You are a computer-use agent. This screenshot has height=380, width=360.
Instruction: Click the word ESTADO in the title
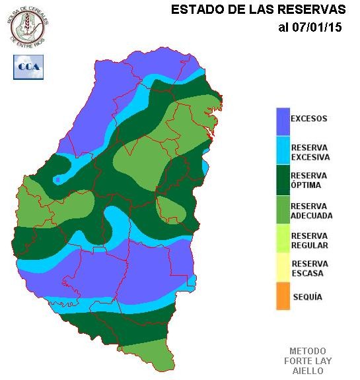(x=194, y=10)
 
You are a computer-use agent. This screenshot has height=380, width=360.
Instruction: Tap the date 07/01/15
(x=315, y=28)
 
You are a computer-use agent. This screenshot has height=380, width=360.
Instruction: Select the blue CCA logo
(x=28, y=67)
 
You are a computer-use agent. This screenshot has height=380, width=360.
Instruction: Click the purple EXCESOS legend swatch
(x=283, y=121)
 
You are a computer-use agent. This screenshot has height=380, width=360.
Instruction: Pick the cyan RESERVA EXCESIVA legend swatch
(x=283, y=151)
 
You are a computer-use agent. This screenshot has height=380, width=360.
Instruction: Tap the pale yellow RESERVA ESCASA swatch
(x=283, y=268)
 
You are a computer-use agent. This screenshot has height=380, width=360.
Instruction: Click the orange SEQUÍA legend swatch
(x=283, y=296)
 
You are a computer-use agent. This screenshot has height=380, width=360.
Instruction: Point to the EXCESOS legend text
(x=309, y=119)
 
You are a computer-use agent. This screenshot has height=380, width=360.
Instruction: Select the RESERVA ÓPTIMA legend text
(x=309, y=180)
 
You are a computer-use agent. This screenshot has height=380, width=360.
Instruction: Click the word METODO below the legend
(x=307, y=350)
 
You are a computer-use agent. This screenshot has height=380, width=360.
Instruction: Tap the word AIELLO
(x=307, y=371)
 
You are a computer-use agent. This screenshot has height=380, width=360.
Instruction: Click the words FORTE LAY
(x=307, y=361)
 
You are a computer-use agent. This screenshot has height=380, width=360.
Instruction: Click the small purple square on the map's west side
(x=59, y=179)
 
